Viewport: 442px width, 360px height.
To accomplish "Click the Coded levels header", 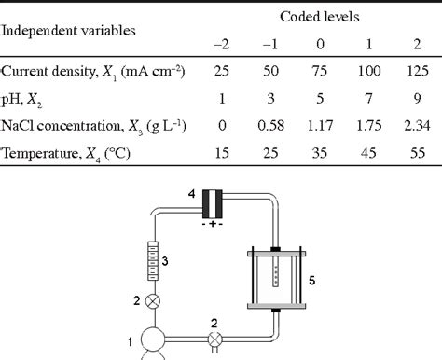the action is tap(320, 17).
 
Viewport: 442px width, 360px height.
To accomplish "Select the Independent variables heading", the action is tap(68, 31).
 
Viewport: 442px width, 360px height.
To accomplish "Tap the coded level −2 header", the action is tap(221, 45).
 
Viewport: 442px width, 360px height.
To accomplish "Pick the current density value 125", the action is tap(418, 71).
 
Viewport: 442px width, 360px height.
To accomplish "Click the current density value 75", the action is tap(320, 71).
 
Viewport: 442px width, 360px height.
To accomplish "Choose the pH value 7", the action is tap(368, 98).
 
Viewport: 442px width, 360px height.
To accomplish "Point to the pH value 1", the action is tap(222, 98).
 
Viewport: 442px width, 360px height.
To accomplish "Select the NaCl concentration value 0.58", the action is tap(270, 126).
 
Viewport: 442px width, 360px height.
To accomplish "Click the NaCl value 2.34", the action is tap(417, 126).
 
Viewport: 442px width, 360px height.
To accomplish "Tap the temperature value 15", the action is tap(222, 153).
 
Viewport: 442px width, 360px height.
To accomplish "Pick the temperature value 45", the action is tap(368, 153).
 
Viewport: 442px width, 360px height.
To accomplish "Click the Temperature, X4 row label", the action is tap(65, 154).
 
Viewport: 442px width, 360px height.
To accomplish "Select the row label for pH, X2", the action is tap(21, 100).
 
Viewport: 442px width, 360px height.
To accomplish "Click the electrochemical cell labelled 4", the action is tap(213, 204).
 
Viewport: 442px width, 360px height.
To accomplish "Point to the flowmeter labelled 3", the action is tap(152, 261).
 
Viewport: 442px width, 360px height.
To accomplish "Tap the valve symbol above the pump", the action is tap(153, 301).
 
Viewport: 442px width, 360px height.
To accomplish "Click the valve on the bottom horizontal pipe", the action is tap(214, 339).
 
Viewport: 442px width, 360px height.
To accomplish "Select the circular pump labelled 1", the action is tap(153, 339).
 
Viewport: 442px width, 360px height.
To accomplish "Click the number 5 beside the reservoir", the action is tap(312, 281).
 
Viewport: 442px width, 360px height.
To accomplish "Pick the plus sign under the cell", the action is tap(213, 224).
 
